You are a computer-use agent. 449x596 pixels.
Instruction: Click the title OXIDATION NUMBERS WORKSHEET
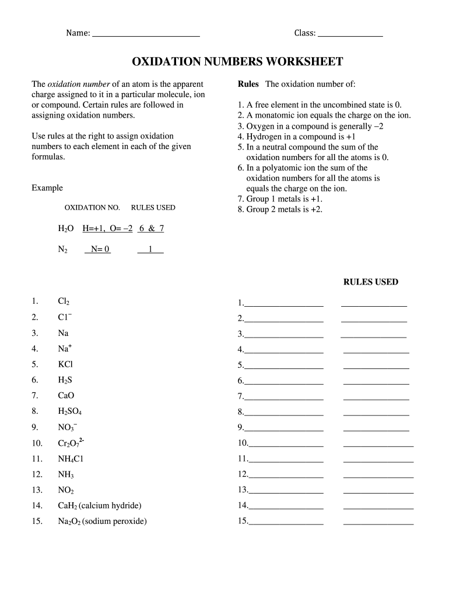coord(237,62)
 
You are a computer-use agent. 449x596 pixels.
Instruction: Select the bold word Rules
coord(248,84)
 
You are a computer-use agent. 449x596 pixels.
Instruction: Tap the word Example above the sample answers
coord(47,188)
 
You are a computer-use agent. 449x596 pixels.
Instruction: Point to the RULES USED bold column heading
coord(370,282)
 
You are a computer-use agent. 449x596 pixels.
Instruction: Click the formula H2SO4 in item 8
coord(70,411)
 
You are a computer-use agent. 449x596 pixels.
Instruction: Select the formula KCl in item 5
coord(65,364)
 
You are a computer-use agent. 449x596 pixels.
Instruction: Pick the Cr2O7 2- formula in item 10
coord(71,442)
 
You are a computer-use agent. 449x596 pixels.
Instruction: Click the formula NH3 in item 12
coord(66,474)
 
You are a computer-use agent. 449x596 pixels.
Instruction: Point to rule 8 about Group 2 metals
coord(280,210)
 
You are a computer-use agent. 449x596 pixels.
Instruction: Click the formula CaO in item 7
coord(66,396)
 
